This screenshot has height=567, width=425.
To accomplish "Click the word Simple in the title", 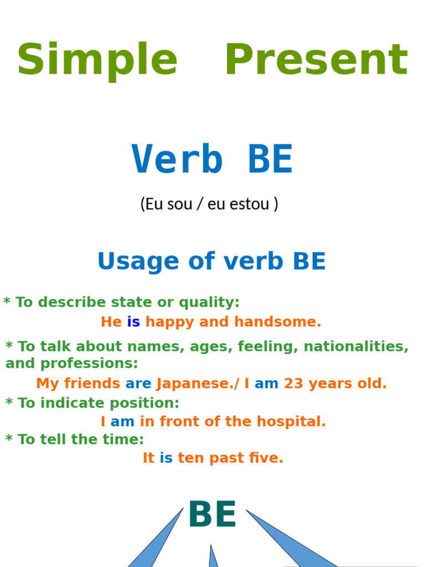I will tap(97, 60).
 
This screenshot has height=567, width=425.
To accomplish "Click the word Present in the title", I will tap(316, 60).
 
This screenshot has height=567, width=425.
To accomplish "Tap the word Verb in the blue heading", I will tap(177, 160).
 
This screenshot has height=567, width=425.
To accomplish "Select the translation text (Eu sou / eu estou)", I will tap(209, 204).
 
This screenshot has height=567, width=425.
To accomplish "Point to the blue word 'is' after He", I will tap(133, 322).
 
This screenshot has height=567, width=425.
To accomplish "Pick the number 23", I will tap(293, 383).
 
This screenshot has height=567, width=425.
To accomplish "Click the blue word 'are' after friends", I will tap(138, 383).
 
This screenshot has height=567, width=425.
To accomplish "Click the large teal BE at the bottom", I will tap(212, 515).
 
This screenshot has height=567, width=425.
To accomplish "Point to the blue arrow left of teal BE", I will tap(158, 540).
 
